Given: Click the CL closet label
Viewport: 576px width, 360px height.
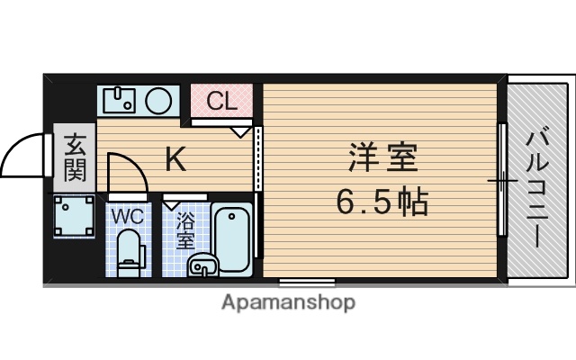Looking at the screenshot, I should (x=222, y=101).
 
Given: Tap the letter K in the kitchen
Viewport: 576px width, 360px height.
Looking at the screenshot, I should (x=176, y=161).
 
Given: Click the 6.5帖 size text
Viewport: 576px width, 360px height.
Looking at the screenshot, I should (x=382, y=202).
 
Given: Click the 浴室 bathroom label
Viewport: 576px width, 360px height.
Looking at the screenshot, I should (x=185, y=230).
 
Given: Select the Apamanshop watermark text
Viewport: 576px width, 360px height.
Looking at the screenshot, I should (x=288, y=302).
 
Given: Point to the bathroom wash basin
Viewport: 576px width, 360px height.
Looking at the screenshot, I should (x=203, y=265).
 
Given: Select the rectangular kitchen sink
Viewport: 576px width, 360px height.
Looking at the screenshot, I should (x=118, y=99).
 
